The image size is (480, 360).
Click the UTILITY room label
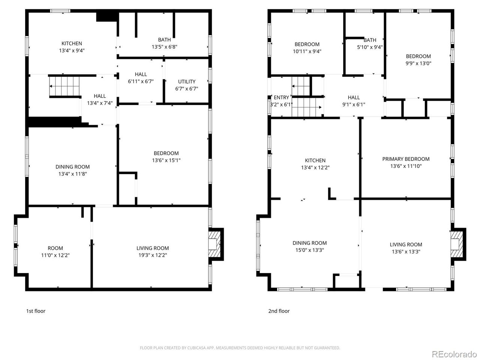pos(187,81)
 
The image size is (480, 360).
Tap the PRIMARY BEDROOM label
pos(406,159)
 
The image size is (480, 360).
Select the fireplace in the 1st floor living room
pos(215,244)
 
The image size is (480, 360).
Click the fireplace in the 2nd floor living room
pos(457,244)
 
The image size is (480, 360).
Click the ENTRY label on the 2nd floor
pos(281,97)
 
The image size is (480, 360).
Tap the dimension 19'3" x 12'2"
pos(152,255)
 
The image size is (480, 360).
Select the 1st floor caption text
pos(36,311)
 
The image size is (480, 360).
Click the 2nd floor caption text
pos(279,311)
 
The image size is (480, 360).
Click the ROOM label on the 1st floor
pos(55,248)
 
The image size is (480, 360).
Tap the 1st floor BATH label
pos(164,40)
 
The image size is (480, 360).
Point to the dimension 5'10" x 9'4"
pos(370,47)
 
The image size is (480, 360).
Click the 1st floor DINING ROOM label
pos(72,167)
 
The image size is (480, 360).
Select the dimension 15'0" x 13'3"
pos(309,250)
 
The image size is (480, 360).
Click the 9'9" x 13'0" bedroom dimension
pos(418,63)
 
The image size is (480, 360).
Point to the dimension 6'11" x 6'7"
pos(141,81)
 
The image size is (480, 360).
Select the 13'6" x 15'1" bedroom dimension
pos(166,160)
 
